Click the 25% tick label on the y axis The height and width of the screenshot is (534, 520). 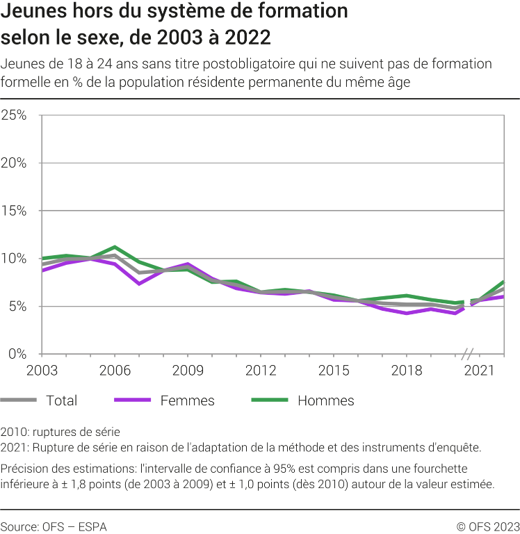pyautogui.click(x=14, y=115)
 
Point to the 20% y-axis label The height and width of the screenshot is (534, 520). pyautogui.click(x=14, y=163)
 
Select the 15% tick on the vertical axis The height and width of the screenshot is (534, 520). pyautogui.click(x=14, y=211)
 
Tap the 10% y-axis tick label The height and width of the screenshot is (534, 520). pyautogui.click(x=14, y=259)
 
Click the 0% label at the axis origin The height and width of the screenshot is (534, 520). pyautogui.click(x=17, y=354)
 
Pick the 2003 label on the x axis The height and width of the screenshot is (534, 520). pyautogui.click(x=42, y=370)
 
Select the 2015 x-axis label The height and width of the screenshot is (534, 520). pyautogui.click(x=333, y=370)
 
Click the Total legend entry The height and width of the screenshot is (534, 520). pyautogui.click(x=61, y=400)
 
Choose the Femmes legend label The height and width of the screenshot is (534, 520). pyautogui.click(x=187, y=400)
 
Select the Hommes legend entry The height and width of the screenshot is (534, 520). pyautogui.click(x=325, y=400)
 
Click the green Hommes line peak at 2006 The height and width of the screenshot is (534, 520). pyautogui.click(x=114, y=247)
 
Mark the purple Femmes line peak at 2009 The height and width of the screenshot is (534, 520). pyautogui.click(x=187, y=264)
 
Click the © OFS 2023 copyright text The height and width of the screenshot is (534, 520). pyautogui.click(x=487, y=526)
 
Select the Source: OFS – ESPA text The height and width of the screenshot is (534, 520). pyautogui.click(x=54, y=526)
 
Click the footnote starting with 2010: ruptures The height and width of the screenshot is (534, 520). pyautogui.click(x=60, y=432)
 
